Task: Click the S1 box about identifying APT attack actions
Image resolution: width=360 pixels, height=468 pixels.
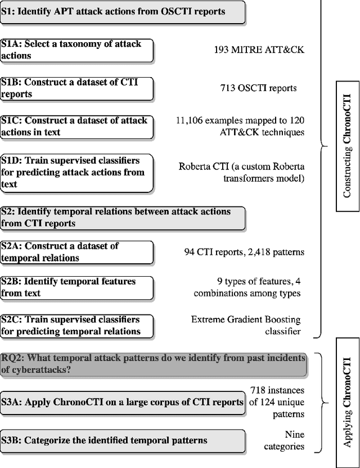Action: point(122,12)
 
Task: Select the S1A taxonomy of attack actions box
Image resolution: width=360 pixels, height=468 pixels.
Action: point(76,50)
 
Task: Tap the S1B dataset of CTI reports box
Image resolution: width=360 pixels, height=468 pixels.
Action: point(76,88)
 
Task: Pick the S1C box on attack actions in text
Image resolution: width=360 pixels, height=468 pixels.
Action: point(76,127)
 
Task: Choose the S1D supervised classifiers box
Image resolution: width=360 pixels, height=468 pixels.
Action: point(76,172)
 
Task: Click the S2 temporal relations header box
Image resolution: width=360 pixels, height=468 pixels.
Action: point(122,218)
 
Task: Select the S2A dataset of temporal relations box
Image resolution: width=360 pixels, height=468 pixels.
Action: point(76,253)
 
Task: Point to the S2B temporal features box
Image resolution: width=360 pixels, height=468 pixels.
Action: point(76,287)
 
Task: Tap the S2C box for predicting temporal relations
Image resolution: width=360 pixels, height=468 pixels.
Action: point(76,326)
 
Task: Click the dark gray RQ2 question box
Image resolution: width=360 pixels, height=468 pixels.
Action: point(153,364)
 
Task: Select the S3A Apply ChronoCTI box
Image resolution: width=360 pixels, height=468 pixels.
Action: point(122,402)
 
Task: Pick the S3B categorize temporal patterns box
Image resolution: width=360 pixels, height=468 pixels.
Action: point(122,440)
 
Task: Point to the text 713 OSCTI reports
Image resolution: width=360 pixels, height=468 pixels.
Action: point(258,88)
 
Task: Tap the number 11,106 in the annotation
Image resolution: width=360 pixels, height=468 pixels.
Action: point(193,120)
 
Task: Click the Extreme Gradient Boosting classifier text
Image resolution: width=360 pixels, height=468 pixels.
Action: point(246,326)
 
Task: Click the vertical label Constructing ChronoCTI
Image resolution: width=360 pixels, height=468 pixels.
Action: point(347,154)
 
